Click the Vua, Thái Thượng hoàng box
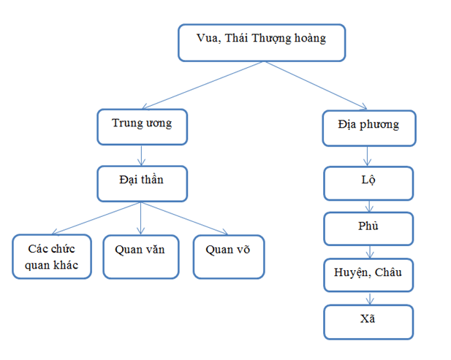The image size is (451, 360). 261,42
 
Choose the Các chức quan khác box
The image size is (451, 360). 51,256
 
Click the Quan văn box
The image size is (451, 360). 140,256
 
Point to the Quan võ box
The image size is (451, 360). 228,256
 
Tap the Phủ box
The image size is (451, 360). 369,229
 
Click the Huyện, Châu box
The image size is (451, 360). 369,275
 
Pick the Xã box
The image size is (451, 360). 369,321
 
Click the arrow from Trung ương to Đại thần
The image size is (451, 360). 143,155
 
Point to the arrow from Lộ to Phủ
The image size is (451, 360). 370,206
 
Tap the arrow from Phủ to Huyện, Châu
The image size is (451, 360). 370,252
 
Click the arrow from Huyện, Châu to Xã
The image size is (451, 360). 370,298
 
